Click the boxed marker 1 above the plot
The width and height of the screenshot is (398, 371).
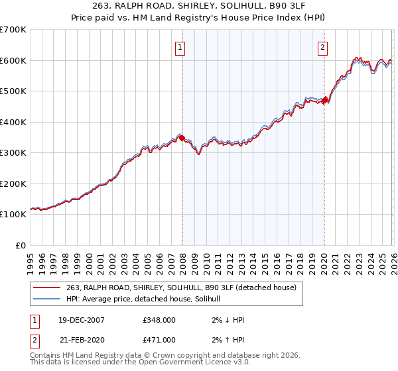[x=180, y=46]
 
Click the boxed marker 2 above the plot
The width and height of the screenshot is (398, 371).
[x=322, y=46]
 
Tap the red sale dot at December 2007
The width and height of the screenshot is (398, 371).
[x=182, y=138]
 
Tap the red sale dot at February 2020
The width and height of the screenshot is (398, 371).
[x=324, y=100]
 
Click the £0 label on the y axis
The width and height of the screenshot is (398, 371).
[x=21, y=245]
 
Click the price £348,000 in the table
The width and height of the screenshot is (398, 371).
[x=159, y=320]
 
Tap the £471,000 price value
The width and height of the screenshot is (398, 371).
[x=159, y=340]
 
